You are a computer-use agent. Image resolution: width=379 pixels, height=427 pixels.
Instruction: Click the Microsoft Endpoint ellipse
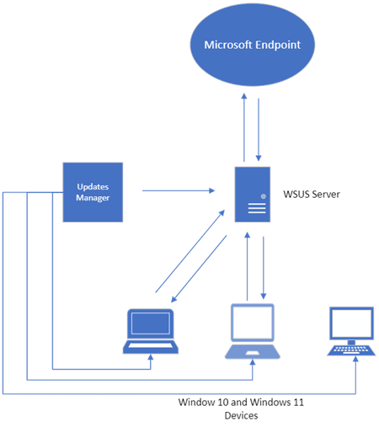pyautogui.click(x=253, y=45)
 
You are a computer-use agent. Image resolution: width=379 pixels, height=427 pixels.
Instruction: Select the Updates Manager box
pyautogui.click(x=93, y=192)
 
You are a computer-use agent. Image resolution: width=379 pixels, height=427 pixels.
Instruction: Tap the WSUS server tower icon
pyautogui.click(x=253, y=195)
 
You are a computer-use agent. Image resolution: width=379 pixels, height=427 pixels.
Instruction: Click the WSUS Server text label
pyautogui.click(x=312, y=195)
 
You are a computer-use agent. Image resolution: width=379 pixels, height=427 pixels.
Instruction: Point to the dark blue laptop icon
pyautogui.click(x=151, y=331)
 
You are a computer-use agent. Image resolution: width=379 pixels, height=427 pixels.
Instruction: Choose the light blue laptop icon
pyautogui.click(x=253, y=331)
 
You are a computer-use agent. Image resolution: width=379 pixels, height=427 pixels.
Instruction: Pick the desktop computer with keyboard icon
pyautogui.click(x=351, y=331)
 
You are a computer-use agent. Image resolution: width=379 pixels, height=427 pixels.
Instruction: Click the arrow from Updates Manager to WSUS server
pyautogui.click(x=179, y=190)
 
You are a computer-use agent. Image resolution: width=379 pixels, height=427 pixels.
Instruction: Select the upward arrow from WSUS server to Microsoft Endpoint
pyautogui.click(x=244, y=127)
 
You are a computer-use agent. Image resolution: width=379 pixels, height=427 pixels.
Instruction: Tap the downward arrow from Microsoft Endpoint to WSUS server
pyautogui.click(x=259, y=130)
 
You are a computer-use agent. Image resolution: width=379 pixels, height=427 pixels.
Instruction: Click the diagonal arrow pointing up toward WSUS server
pyautogui.click(x=190, y=251)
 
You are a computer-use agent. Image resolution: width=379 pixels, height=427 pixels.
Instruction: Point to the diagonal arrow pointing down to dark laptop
pyautogui.click(x=199, y=269)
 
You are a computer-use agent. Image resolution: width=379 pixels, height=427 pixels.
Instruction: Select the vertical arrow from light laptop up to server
pyautogui.click(x=248, y=266)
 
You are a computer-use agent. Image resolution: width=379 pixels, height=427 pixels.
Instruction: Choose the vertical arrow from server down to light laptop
pyautogui.click(x=264, y=268)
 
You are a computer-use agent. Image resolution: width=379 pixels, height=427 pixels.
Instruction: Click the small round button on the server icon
pyautogui.click(x=264, y=196)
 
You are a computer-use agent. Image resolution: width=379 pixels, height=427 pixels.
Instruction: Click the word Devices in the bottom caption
pyautogui.click(x=241, y=415)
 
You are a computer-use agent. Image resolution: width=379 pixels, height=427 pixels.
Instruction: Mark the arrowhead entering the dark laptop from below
pyautogui.click(x=151, y=357)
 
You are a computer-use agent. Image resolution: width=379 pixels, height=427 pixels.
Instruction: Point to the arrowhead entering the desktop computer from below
pyautogui.click(x=355, y=359)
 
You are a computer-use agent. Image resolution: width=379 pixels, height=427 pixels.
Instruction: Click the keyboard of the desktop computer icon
pyautogui.click(x=351, y=350)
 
